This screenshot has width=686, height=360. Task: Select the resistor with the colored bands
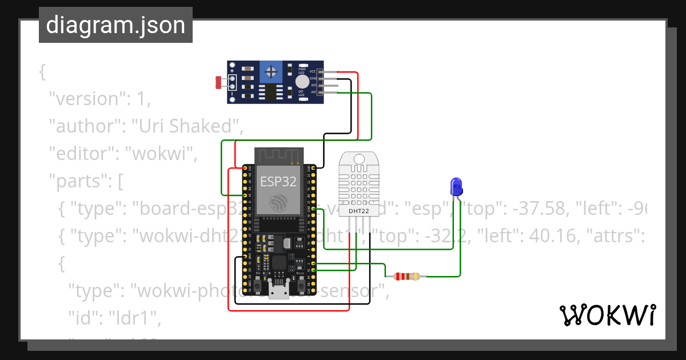(406, 277)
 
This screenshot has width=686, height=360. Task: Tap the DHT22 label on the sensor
(359, 212)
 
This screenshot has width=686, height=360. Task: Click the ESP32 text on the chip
(278, 181)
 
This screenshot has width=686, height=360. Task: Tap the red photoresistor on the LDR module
(218, 82)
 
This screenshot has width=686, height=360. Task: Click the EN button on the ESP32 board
(258, 284)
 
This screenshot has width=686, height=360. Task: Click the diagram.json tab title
(115, 25)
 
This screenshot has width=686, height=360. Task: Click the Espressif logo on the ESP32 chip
(278, 201)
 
